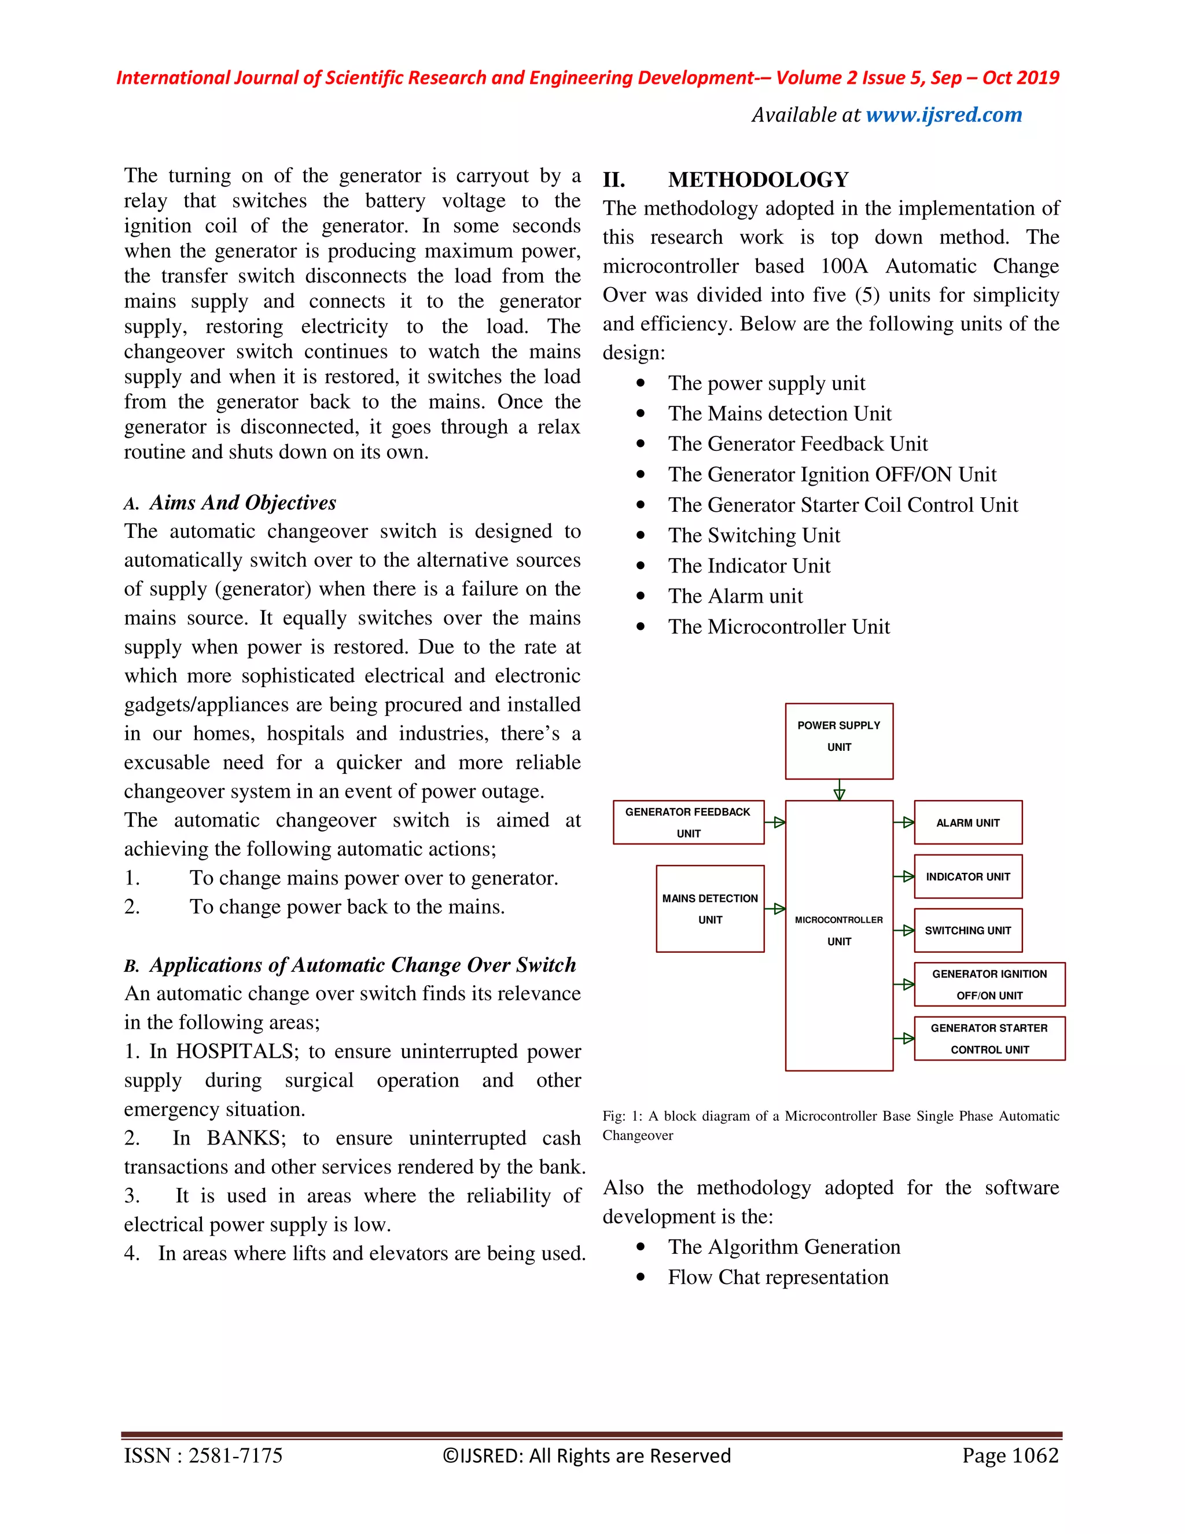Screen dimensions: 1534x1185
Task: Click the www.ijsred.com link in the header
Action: tap(944, 115)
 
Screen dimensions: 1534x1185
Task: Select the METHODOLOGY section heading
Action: tap(758, 180)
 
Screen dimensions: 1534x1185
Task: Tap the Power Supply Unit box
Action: tap(839, 740)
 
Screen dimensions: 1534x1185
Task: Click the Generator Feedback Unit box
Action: tap(688, 822)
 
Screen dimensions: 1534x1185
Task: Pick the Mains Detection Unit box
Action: tap(710, 908)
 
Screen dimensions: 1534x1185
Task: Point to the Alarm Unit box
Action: tap(967, 823)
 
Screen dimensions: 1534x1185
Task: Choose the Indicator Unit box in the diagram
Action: tap(967, 876)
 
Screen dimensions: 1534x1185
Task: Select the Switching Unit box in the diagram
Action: tap(967, 931)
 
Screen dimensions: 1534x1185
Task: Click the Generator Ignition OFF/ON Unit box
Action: tap(989, 985)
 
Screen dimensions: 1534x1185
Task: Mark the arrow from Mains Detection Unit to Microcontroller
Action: tap(775, 909)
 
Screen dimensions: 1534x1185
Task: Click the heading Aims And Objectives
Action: tap(242, 503)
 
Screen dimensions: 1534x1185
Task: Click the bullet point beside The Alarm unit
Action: tap(641, 596)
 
